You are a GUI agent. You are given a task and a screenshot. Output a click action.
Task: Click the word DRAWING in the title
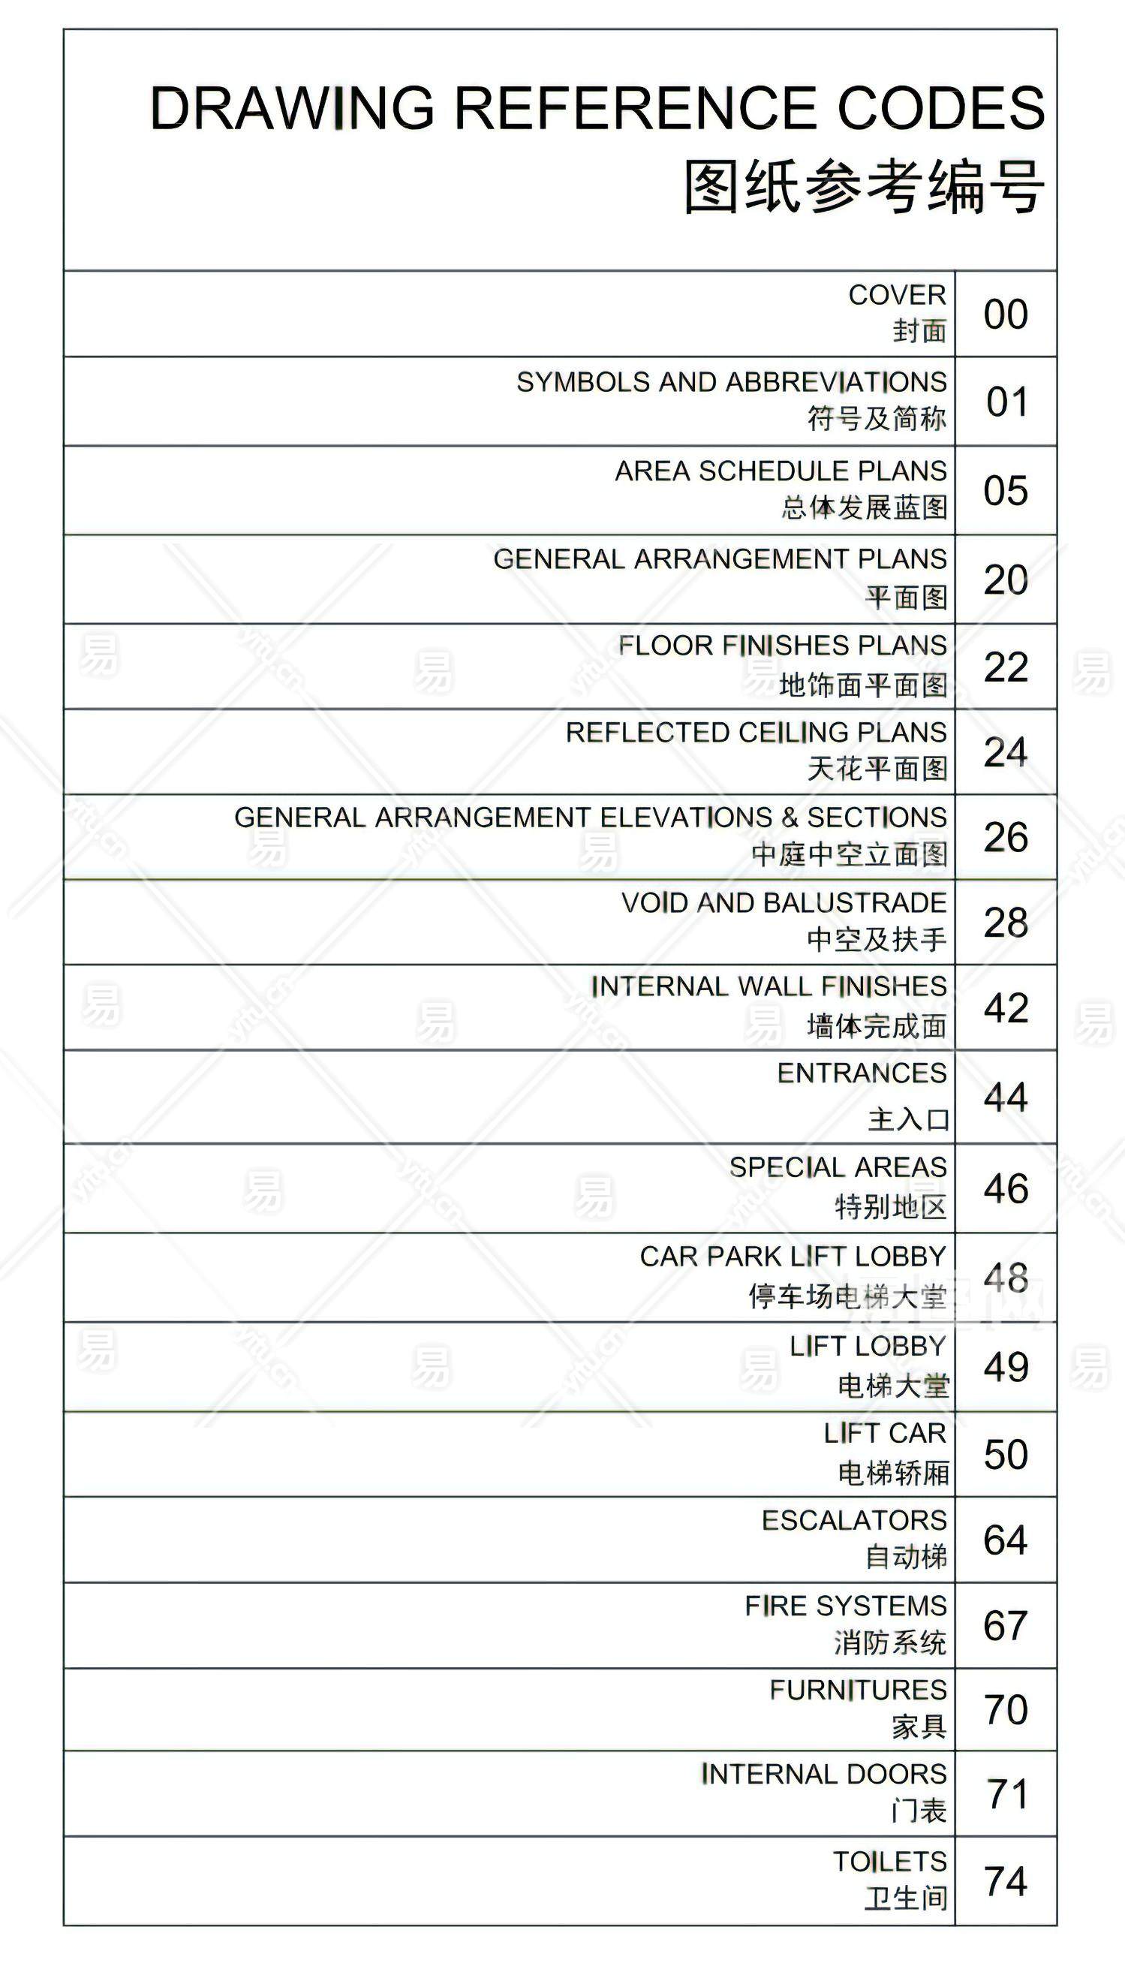[x=292, y=108]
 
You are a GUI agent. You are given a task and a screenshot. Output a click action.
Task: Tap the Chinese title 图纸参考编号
[x=864, y=187]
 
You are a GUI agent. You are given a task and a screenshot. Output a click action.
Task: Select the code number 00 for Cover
[x=1005, y=315]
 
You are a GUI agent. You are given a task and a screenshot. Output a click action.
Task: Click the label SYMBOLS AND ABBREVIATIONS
[x=731, y=382]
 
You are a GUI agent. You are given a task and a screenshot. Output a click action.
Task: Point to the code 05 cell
[x=1005, y=491]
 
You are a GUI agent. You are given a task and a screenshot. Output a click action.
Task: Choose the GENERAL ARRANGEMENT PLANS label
[x=719, y=558]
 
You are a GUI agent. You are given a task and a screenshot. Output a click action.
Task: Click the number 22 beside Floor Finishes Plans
[x=1005, y=667]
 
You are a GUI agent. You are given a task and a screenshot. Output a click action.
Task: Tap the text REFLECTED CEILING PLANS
[x=756, y=732]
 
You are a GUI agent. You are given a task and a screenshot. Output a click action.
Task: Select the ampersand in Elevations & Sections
[x=789, y=817]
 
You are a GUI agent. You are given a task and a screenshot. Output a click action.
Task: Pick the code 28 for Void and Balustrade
[x=1005, y=923]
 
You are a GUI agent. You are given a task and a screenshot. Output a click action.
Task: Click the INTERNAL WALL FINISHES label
[x=769, y=987]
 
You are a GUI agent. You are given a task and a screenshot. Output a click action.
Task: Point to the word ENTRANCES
[x=862, y=1073]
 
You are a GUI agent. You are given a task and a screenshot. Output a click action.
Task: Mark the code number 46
[x=1005, y=1188]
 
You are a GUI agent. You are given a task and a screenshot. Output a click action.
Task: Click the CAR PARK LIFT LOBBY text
[x=793, y=1257]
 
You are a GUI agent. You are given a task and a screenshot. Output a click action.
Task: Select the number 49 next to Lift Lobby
[x=1005, y=1367]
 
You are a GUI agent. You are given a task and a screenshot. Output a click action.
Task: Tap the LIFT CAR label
[x=885, y=1434]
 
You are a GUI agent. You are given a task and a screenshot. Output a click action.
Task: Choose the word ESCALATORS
[x=854, y=1521]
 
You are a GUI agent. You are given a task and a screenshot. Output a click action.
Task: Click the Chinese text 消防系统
[x=890, y=1642]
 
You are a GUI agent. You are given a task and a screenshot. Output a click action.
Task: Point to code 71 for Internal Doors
[x=1006, y=1794]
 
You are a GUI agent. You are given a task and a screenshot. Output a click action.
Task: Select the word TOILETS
[x=889, y=1862]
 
